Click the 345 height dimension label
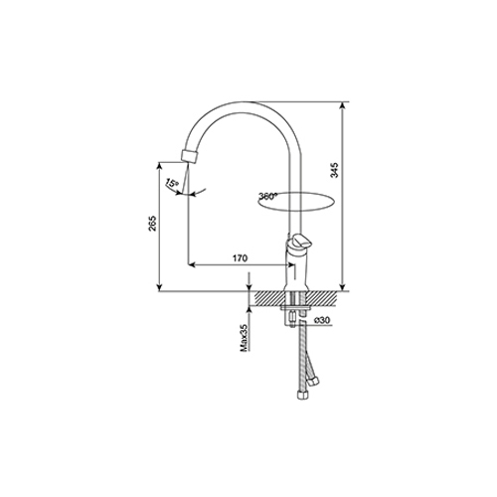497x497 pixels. pyautogui.click(x=335, y=170)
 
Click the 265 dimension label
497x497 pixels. pyautogui.click(x=152, y=224)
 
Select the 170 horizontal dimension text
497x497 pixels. pyautogui.click(x=240, y=258)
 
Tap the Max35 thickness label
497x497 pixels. pyautogui.click(x=245, y=338)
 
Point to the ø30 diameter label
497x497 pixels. pyautogui.click(x=321, y=320)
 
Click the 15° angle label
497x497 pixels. pyautogui.click(x=172, y=183)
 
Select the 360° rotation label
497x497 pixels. pyautogui.click(x=267, y=196)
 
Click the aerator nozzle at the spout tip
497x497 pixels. pyautogui.click(x=190, y=156)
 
